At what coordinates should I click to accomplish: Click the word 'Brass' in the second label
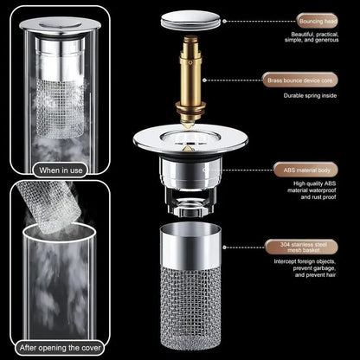tap(278, 80)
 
